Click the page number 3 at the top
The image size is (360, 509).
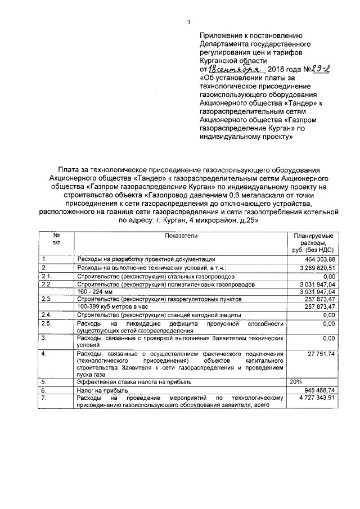click(189, 22)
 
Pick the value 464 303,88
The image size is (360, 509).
click(320, 259)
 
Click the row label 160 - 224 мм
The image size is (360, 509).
click(92, 293)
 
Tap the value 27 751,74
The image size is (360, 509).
click(321, 353)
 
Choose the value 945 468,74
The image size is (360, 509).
click(320, 390)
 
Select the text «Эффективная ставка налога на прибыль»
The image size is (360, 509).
click(134, 381)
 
